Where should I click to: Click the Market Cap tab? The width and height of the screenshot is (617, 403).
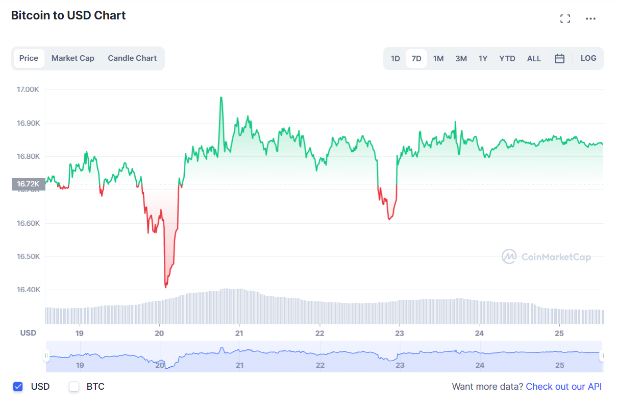(72, 58)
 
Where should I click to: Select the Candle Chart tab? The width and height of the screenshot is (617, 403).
(132, 58)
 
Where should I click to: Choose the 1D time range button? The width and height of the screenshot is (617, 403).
(395, 59)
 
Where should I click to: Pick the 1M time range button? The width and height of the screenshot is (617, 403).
(438, 59)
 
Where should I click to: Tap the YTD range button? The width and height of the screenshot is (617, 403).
(507, 59)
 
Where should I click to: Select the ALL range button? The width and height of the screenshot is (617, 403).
(534, 59)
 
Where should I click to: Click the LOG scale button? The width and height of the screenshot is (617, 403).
(588, 58)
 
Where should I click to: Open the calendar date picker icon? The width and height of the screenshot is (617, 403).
(559, 59)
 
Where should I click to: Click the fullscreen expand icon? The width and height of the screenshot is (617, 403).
(565, 19)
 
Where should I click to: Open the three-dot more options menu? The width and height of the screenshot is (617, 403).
(590, 19)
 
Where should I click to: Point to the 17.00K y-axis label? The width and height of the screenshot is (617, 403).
(28, 89)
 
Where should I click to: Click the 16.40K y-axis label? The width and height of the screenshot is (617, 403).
(28, 290)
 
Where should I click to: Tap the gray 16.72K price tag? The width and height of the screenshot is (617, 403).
(28, 184)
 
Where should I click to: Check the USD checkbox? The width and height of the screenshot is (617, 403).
(18, 387)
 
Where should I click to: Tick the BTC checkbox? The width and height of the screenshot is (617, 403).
(74, 387)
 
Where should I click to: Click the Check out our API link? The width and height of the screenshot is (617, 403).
(563, 387)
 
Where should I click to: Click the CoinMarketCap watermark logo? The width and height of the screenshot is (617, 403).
(546, 256)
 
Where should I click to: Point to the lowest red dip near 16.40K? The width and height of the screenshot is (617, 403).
(166, 287)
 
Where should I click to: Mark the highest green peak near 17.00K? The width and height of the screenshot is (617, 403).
(221, 97)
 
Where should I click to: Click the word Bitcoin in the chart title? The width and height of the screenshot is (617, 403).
(30, 16)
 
